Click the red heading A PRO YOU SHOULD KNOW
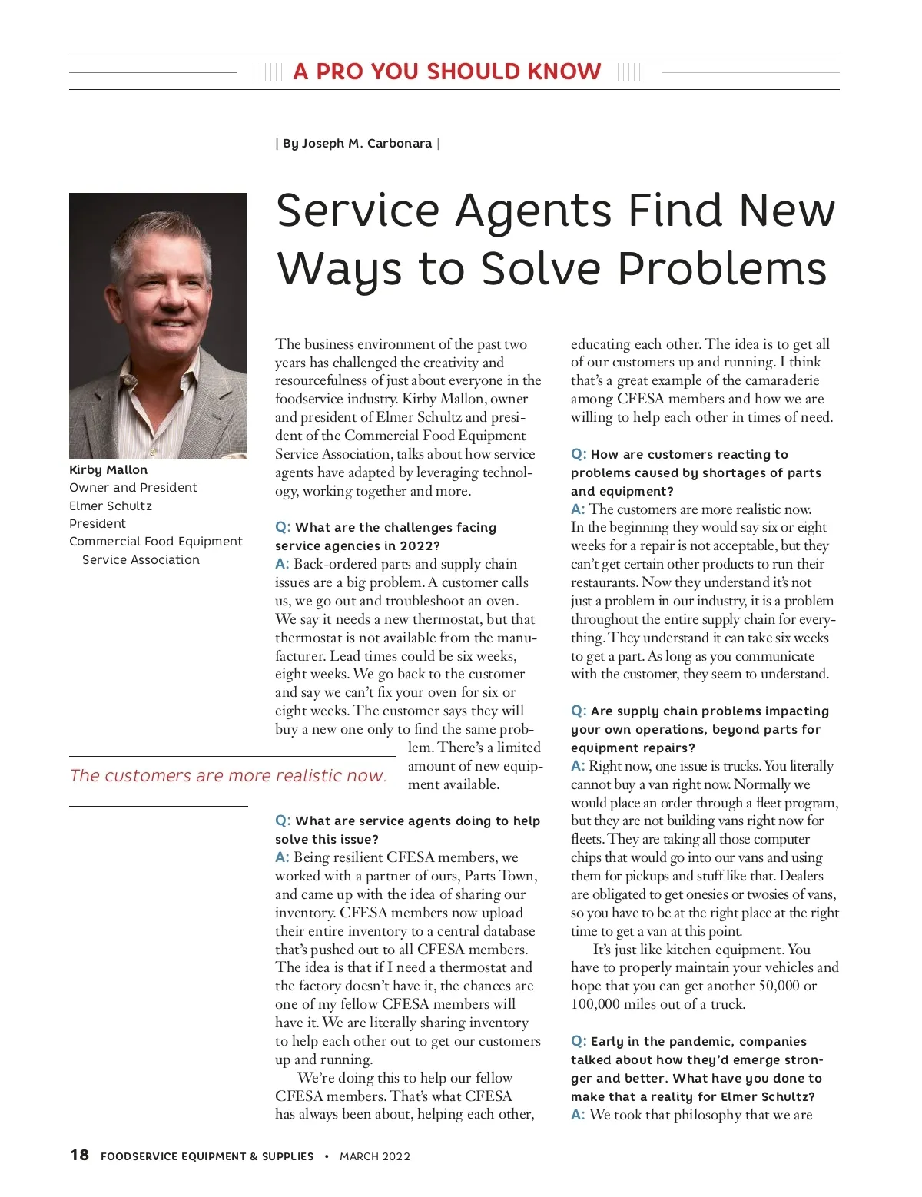(446, 71)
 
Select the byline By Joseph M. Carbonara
(357, 144)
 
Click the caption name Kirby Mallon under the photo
(108, 470)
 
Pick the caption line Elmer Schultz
(111, 506)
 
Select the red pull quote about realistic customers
(227, 776)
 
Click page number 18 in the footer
(79, 1156)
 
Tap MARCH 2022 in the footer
(375, 1156)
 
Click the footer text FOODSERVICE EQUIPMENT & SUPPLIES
(207, 1156)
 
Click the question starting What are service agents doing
(407, 830)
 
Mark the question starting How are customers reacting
(695, 472)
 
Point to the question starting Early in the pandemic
(695, 1069)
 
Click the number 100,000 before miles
(595, 1004)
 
